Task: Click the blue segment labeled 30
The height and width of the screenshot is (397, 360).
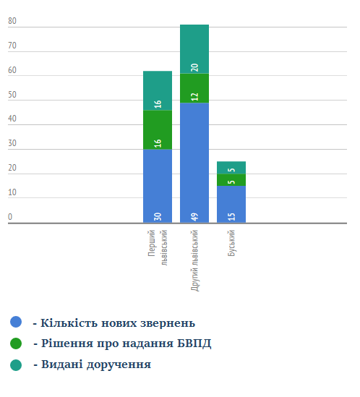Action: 158,186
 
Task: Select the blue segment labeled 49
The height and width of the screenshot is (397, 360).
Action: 194,163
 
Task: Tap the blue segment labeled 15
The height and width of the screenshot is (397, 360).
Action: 231,205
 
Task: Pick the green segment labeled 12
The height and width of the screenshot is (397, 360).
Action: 194,88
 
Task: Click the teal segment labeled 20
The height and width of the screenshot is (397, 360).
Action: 194,49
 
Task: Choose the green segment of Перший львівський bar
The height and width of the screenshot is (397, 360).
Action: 158,130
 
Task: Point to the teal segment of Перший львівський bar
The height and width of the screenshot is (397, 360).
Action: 158,90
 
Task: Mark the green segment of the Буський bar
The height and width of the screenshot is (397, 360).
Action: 231,180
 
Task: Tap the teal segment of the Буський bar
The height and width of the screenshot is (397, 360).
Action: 231,168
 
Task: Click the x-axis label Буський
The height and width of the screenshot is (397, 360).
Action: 231,243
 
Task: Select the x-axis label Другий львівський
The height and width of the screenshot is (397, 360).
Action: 194,260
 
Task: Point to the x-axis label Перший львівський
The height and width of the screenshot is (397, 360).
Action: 158,247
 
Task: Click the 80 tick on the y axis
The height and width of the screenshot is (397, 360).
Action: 12,21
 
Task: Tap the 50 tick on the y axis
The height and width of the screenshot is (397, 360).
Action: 12,95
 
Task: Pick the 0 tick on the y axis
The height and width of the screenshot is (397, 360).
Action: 10,217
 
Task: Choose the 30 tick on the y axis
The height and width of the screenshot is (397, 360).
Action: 12,143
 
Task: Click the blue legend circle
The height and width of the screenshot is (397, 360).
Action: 16,322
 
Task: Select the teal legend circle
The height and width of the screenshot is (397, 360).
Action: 16,365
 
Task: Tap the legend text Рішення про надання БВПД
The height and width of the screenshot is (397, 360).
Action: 126,343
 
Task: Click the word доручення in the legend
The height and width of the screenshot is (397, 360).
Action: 119,365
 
